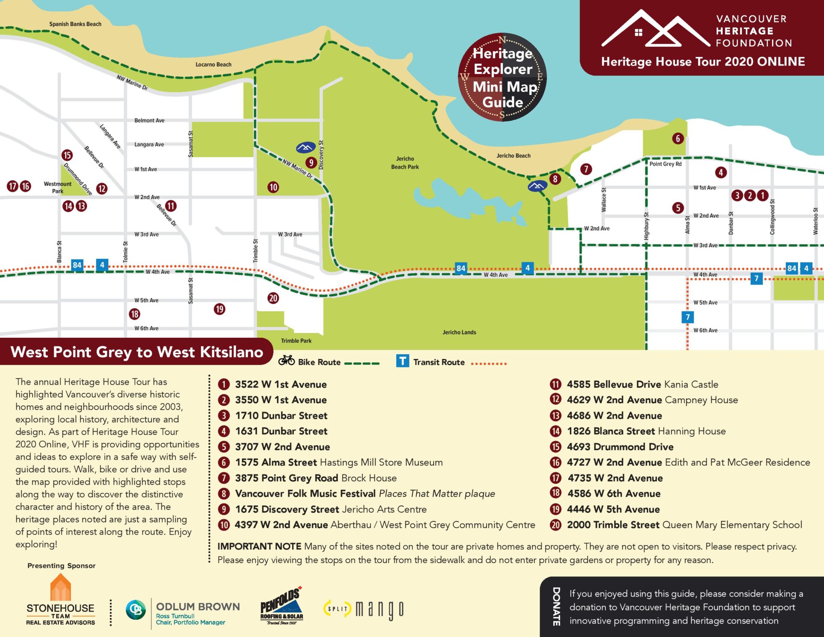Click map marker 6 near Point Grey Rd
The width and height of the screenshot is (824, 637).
678,138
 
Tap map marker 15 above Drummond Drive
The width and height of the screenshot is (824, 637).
67,155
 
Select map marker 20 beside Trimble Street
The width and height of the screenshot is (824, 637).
273,298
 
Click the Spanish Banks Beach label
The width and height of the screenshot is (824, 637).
75,24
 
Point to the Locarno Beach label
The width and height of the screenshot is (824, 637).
213,64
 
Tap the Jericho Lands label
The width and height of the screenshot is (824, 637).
459,332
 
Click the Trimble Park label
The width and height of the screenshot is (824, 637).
296,341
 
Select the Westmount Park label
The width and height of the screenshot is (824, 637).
58,188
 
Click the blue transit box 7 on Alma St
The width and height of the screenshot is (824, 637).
688,317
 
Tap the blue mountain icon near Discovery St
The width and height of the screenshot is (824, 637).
306,148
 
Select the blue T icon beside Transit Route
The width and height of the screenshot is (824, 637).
403,361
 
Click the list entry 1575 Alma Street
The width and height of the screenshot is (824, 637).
276,462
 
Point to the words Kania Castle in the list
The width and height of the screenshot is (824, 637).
691,384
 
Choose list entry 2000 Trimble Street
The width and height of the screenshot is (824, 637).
613,525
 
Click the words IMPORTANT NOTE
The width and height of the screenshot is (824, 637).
259,546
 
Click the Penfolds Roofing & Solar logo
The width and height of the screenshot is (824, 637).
282,606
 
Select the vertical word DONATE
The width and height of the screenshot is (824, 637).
556,606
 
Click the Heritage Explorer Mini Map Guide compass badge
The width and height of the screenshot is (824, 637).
502,78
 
